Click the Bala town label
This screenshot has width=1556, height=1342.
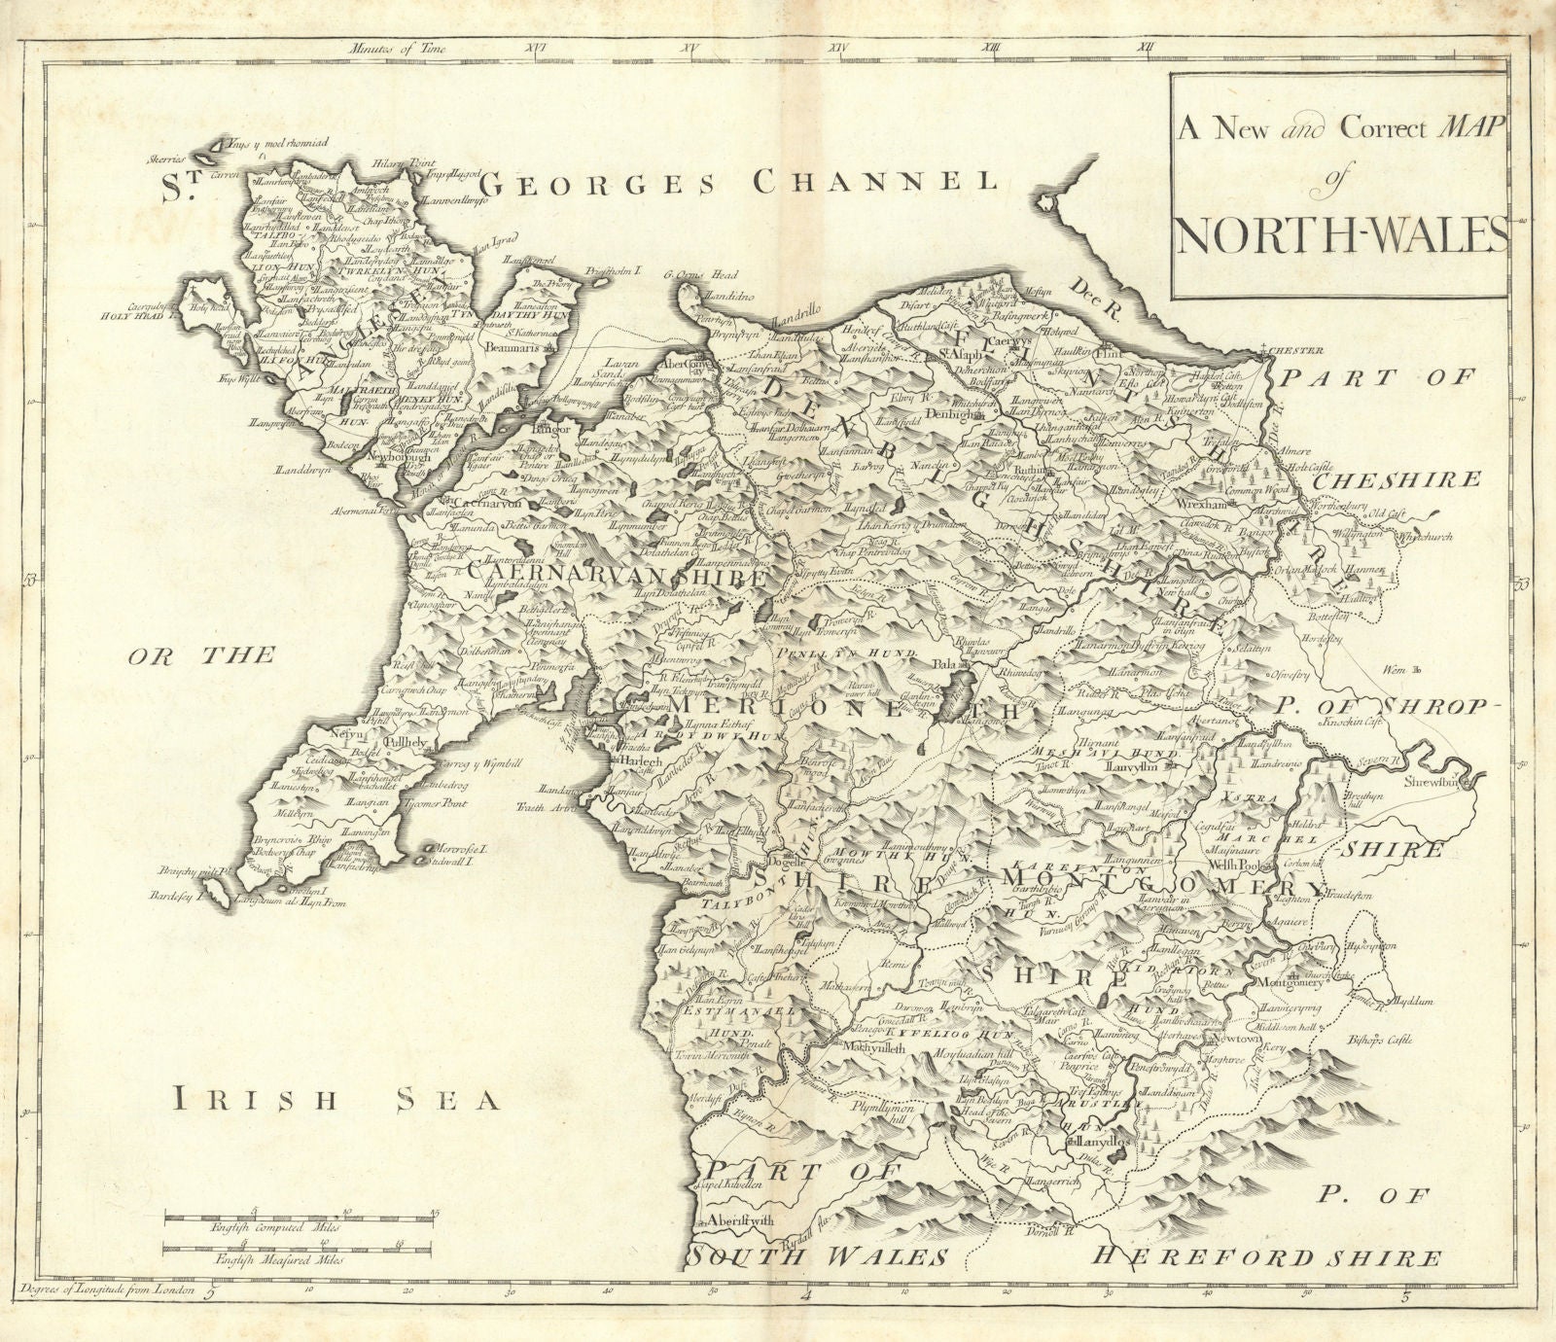tap(942, 665)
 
